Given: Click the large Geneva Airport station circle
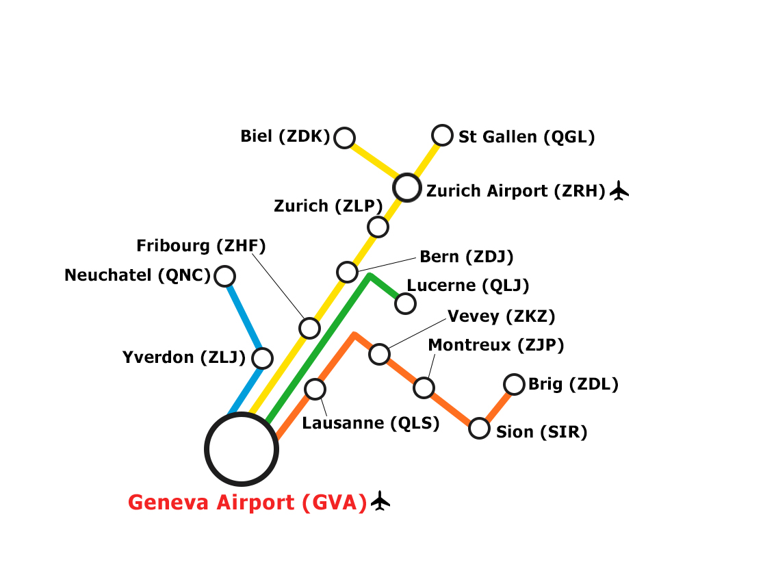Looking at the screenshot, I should (242, 449).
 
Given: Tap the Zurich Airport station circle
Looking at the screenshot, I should (407, 187).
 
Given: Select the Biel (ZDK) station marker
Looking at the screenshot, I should (344, 138).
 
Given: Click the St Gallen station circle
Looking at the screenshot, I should (443, 136).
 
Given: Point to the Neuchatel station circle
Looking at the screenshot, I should (224, 276).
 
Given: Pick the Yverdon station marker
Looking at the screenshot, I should (262, 357).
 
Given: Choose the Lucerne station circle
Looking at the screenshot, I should (405, 303).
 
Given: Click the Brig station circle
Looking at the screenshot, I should (514, 384).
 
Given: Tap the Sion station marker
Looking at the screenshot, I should (479, 429).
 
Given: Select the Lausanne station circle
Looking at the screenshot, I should (315, 389).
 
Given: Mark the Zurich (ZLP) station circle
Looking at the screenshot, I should (378, 226).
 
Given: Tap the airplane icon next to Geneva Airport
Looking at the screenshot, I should (380, 501).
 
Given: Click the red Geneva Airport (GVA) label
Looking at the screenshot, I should (248, 503).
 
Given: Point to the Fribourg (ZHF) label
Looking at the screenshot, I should (201, 245).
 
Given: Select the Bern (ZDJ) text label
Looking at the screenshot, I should (466, 257).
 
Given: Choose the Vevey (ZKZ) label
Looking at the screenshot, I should (501, 316).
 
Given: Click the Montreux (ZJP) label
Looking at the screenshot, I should (495, 345).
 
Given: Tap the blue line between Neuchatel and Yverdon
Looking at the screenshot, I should (244, 317).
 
